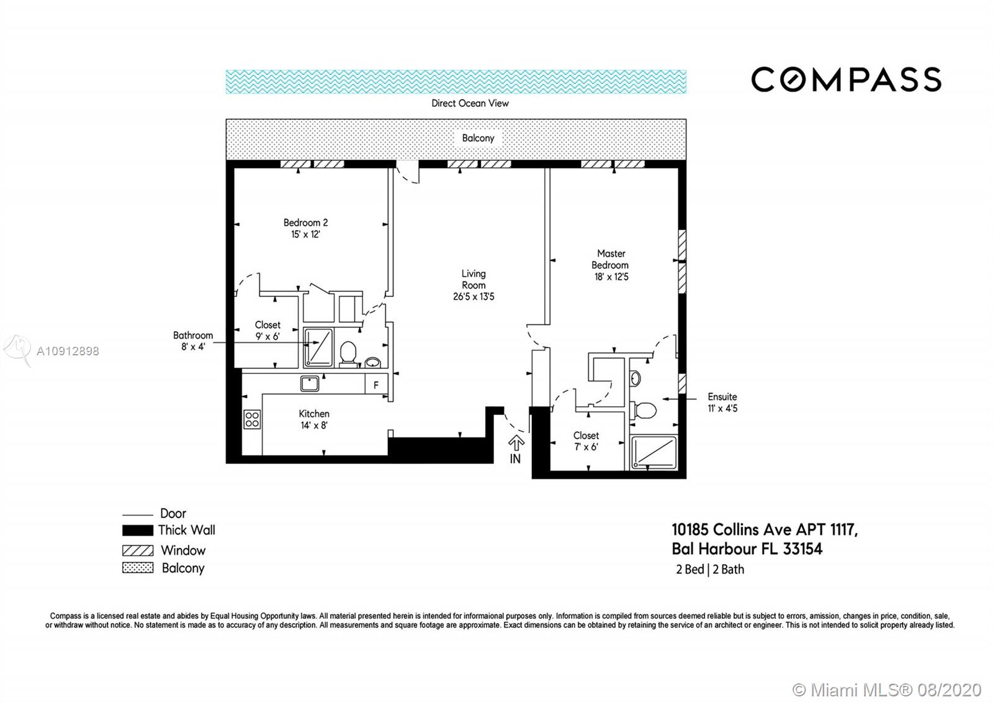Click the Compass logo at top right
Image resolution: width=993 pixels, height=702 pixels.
click(846, 80)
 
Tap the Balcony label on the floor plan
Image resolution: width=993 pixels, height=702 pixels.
click(478, 138)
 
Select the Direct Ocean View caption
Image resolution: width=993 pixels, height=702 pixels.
click(470, 103)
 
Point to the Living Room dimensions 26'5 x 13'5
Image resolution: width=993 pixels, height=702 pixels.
click(474, 296)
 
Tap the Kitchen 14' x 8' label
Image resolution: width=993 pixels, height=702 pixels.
click(314, 419)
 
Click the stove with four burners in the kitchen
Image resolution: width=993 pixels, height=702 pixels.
click(252, 419)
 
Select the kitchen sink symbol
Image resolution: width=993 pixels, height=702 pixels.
click(310, 383)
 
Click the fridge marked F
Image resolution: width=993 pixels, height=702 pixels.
click(376, 385)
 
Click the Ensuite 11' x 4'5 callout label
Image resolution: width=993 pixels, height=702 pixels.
click(722, 403)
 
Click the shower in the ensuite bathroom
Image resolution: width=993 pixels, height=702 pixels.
click(654, 452)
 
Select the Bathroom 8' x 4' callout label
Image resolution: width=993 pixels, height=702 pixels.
click(193, 341)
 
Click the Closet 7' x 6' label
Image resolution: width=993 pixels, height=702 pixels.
click(586, 441)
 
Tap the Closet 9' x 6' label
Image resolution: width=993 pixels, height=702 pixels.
click(267, 330)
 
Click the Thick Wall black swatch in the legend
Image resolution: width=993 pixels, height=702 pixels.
click(138, 531)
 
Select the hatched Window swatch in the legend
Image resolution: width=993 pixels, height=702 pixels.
click(138, 550)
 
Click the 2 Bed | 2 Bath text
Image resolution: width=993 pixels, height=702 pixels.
click(710, 569)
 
